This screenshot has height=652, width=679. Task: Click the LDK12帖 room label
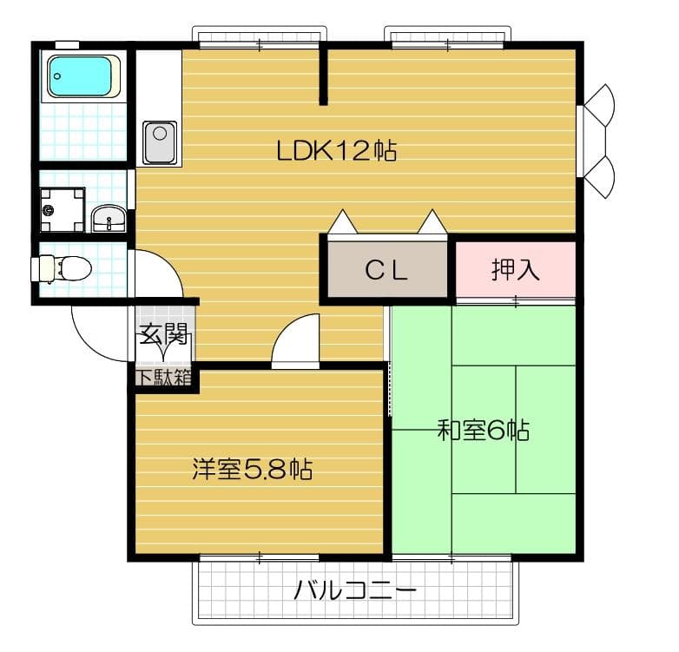pos(336,151)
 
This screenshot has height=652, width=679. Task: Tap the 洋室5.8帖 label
pos(252,470)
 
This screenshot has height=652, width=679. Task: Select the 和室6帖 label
pos(483,430)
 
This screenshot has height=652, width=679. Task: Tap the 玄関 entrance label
pos(163,333)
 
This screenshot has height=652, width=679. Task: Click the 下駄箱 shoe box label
pos(162,378)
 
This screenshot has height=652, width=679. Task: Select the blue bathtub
pos(82,76)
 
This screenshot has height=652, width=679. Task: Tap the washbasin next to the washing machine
pos(109,219)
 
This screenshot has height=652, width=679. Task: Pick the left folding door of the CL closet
pos(343,223)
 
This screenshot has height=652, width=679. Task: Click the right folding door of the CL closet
pos(432,223)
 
